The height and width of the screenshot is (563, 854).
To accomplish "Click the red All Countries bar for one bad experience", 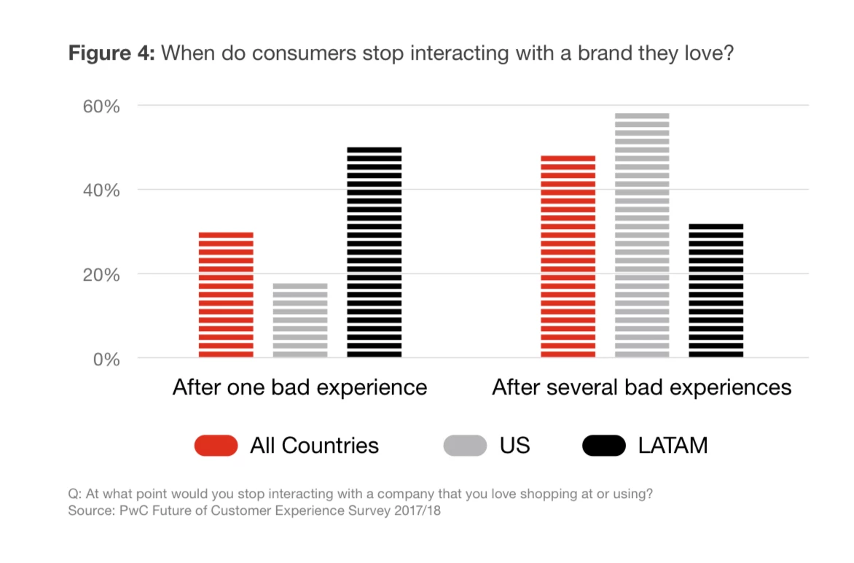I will click(226, 295).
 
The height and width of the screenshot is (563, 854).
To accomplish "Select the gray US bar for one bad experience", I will click(300, 321).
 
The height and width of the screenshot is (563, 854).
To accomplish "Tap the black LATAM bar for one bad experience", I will click(374, 253).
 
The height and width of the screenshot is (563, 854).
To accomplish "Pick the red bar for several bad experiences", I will click(568, 257).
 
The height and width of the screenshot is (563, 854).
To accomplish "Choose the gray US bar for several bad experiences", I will click(642, 236).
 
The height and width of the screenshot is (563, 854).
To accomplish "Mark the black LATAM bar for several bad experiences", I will click(716, 291).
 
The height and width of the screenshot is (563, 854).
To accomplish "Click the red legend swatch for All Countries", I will click(216, 446).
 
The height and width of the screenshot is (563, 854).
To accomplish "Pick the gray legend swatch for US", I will click(465, 446).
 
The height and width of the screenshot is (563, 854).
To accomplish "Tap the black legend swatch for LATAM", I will click(604, 446).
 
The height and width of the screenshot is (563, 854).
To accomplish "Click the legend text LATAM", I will click(673, 446).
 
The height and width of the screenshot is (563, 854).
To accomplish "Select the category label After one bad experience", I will click(299, 387).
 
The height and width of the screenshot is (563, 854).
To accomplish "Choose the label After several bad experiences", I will click(641, 387).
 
